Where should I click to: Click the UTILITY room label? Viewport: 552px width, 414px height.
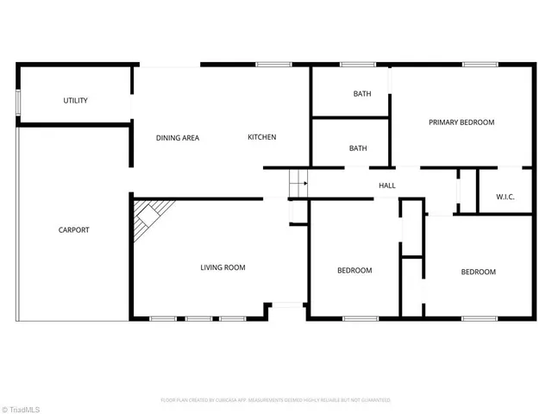[75, 101]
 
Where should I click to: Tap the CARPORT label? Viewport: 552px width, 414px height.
[73, 230]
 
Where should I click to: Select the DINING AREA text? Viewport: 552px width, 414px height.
[178, 138]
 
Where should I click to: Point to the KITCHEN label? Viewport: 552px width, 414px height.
[261, 138]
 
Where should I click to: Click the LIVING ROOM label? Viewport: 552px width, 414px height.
[223, 267]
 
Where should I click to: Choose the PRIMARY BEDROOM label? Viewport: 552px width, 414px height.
[461, 122]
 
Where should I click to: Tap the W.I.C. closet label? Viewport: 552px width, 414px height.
[505, 198]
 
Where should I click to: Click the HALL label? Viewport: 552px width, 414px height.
[387, 185]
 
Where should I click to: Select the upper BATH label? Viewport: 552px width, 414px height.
[362, 94]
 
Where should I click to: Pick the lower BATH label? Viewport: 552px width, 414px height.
[358, 148]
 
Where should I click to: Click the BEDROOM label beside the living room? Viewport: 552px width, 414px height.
[354, 271]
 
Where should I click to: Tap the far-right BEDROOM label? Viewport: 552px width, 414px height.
[478, 273]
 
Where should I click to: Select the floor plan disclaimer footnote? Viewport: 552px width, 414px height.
[276, 400]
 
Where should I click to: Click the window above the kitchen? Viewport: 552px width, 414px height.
[273, 64]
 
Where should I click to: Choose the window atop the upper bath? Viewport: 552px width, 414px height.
[356, 64]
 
